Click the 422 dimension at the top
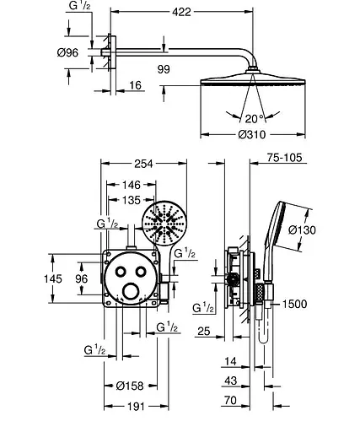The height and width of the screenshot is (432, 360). tap(181, 12)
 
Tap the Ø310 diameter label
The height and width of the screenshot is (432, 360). tap(252, 134)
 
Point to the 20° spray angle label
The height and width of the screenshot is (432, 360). tap(255, 119)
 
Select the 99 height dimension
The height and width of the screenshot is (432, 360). tap(164, 69)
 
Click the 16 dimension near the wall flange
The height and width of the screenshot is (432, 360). tap(135, 85)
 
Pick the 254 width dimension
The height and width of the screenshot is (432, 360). tap(143, 164)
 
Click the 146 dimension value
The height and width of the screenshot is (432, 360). tap(132, 185)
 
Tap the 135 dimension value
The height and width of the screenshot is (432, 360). tap(132, 200)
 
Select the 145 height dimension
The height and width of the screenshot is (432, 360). tap(53, 278)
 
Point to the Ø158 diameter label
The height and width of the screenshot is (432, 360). tap(130, 386)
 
